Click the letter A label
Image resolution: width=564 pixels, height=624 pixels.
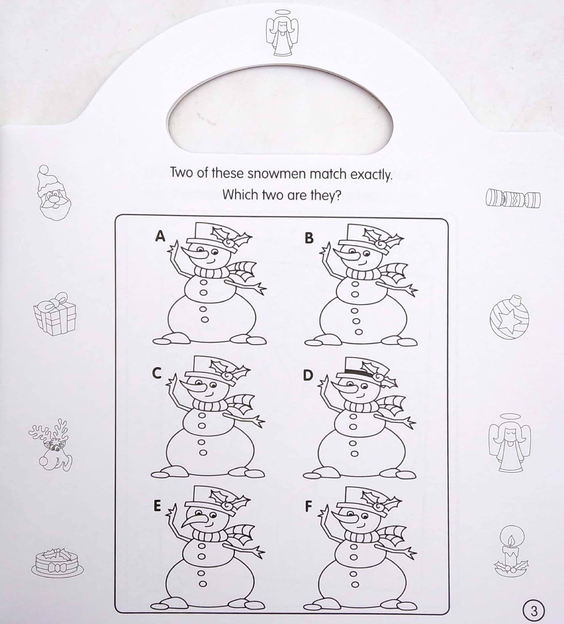click(160, 236)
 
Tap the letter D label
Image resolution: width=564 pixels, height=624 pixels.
click(307, 375)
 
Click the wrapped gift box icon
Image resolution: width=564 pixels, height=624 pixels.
click(55, 313)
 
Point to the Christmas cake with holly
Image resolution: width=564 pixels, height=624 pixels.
click(57, 563)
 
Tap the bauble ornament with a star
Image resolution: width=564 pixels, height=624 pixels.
click(509, 317)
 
